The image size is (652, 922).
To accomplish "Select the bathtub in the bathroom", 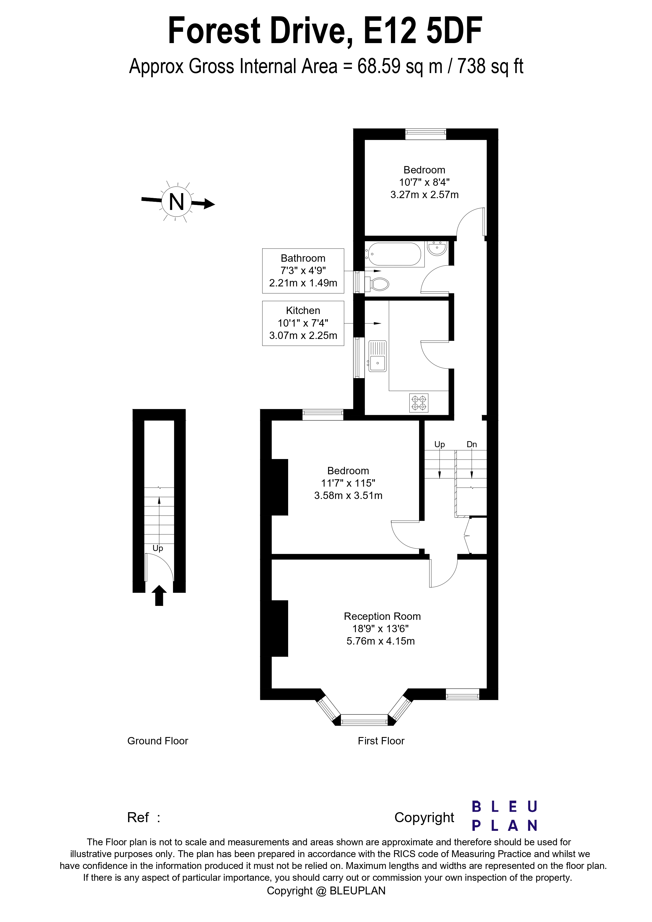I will click(x=394, y=254).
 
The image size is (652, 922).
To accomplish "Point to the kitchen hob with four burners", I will click(x=419, y=403).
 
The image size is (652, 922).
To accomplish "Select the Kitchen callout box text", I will click(x=303, y=323).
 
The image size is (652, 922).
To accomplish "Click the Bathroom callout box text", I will click(x=303, y=271).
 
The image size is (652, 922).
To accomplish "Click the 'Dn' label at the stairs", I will click(x=472, y=444).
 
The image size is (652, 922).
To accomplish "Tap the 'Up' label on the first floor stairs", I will click(x=440, y=444).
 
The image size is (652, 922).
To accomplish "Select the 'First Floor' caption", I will click(x=381, y=741).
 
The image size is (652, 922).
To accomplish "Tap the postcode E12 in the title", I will click(x=390, y=31).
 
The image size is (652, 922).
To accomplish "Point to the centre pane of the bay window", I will click(x=364, y=720).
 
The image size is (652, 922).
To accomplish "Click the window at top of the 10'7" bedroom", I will click(x=425, y=134).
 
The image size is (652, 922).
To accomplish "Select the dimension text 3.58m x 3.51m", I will click(x=348, y=496).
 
